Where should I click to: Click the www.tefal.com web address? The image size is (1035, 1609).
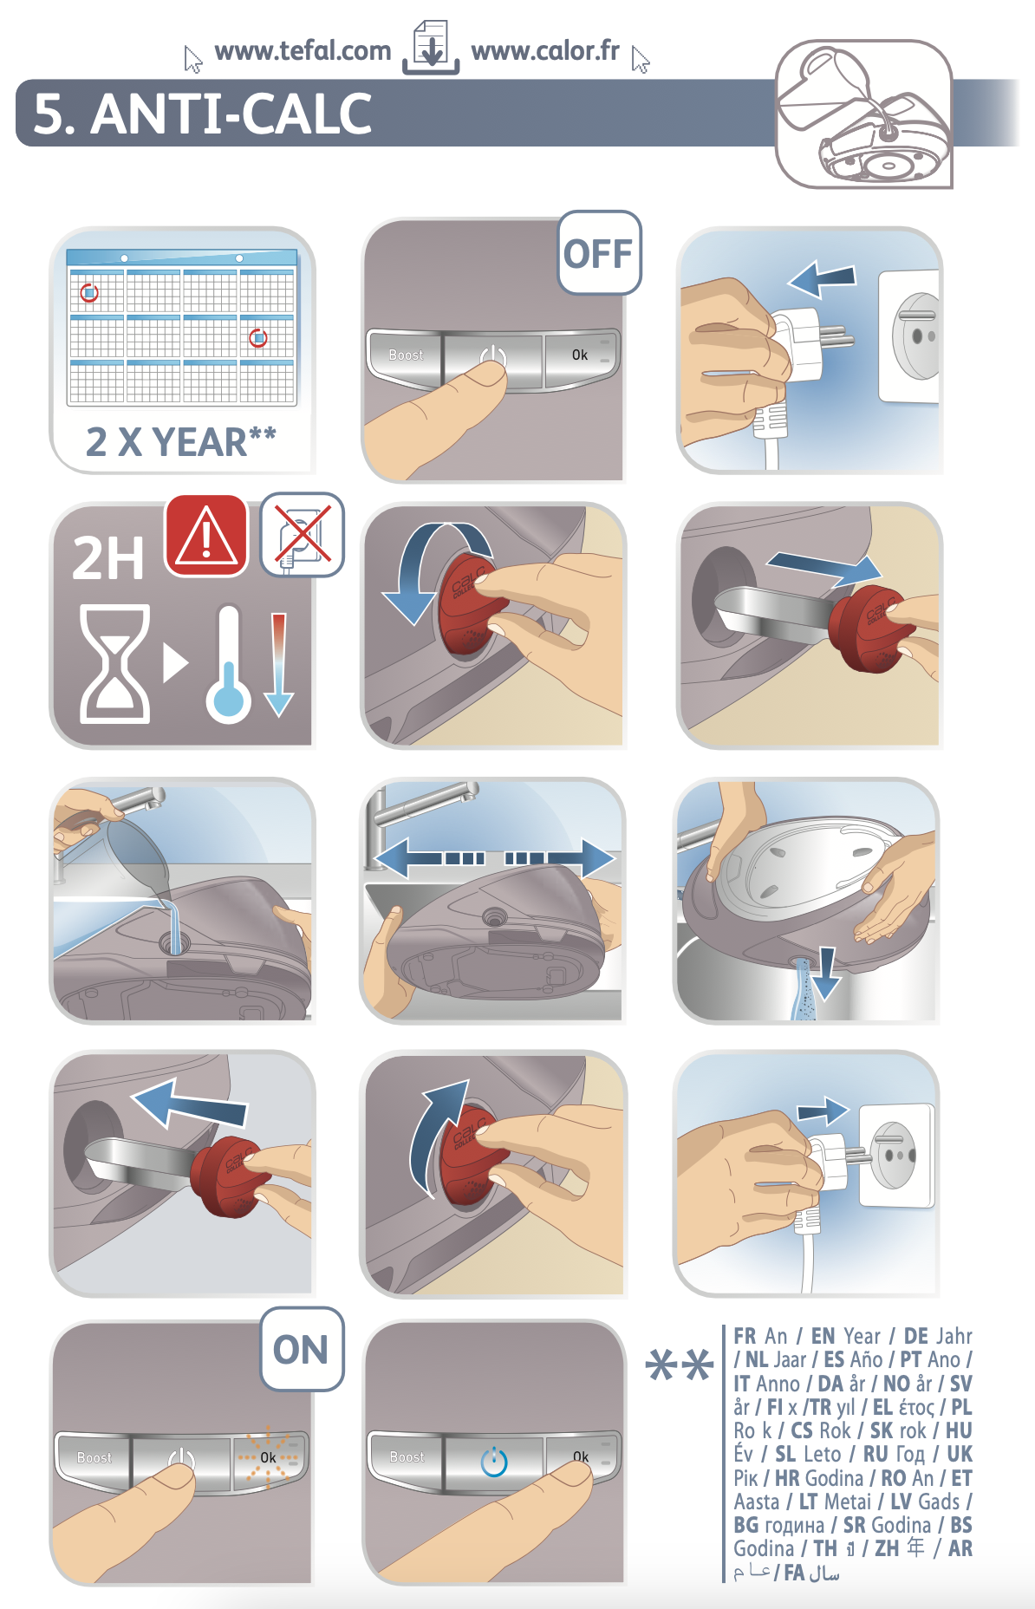pyautogui.click(x=303, y=51)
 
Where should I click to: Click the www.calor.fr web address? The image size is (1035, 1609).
pyautogui.click(x=545, y=51)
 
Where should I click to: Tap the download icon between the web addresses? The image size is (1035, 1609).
pyautogui.click(x=431, y=48)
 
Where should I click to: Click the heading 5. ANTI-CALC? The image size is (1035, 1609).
pyautogui.click(x=202, y=114)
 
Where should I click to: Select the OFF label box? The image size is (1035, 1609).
pyautogui.click(x=599, y=253)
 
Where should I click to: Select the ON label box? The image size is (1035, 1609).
pyautogui.click(x=302, y=1349)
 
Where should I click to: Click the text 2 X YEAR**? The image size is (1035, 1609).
pyautogui.click(x=180, y=441)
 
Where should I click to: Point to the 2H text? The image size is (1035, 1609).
pyautogui.click(x=107, y=557)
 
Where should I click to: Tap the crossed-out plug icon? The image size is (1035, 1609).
pyautogui.click(x=303, y=535)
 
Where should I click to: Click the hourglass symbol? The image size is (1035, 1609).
pyautogui.click(x=114, y=663)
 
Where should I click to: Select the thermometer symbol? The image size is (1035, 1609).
pyautogui.click(x=228, y=662)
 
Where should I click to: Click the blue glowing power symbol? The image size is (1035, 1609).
pyautogui.click(x=494, y=1462)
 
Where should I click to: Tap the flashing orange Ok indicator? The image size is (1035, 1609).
pyautogui.click(x=269, y=1457)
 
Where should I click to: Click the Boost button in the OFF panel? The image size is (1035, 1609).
pyautogui.click(x=406, y=355)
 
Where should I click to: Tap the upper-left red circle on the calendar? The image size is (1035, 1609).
pyautogui.click(x=89, y=293)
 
